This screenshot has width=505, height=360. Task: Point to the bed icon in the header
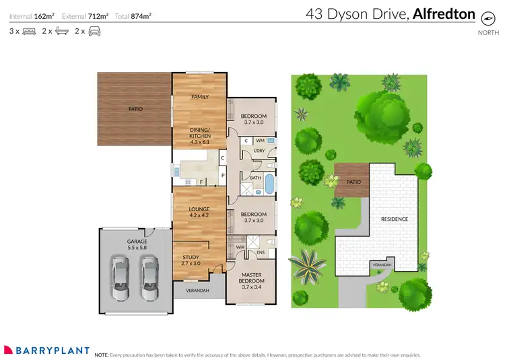click(28, 31)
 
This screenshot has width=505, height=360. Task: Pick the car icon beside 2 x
click(95, 31)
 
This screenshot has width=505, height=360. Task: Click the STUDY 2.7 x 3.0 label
click(191, 260)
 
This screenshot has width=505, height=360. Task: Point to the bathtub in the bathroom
click(269, 184)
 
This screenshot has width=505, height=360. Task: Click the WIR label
click(240, 248)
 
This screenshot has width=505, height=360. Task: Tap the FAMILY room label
click(200, 97)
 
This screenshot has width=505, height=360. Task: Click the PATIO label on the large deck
click(136, 108)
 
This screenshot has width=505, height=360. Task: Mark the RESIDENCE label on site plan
click(395, 219)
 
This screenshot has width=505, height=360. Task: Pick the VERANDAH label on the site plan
click(381, 265)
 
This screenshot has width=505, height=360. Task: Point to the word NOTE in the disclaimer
click(102, 354)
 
